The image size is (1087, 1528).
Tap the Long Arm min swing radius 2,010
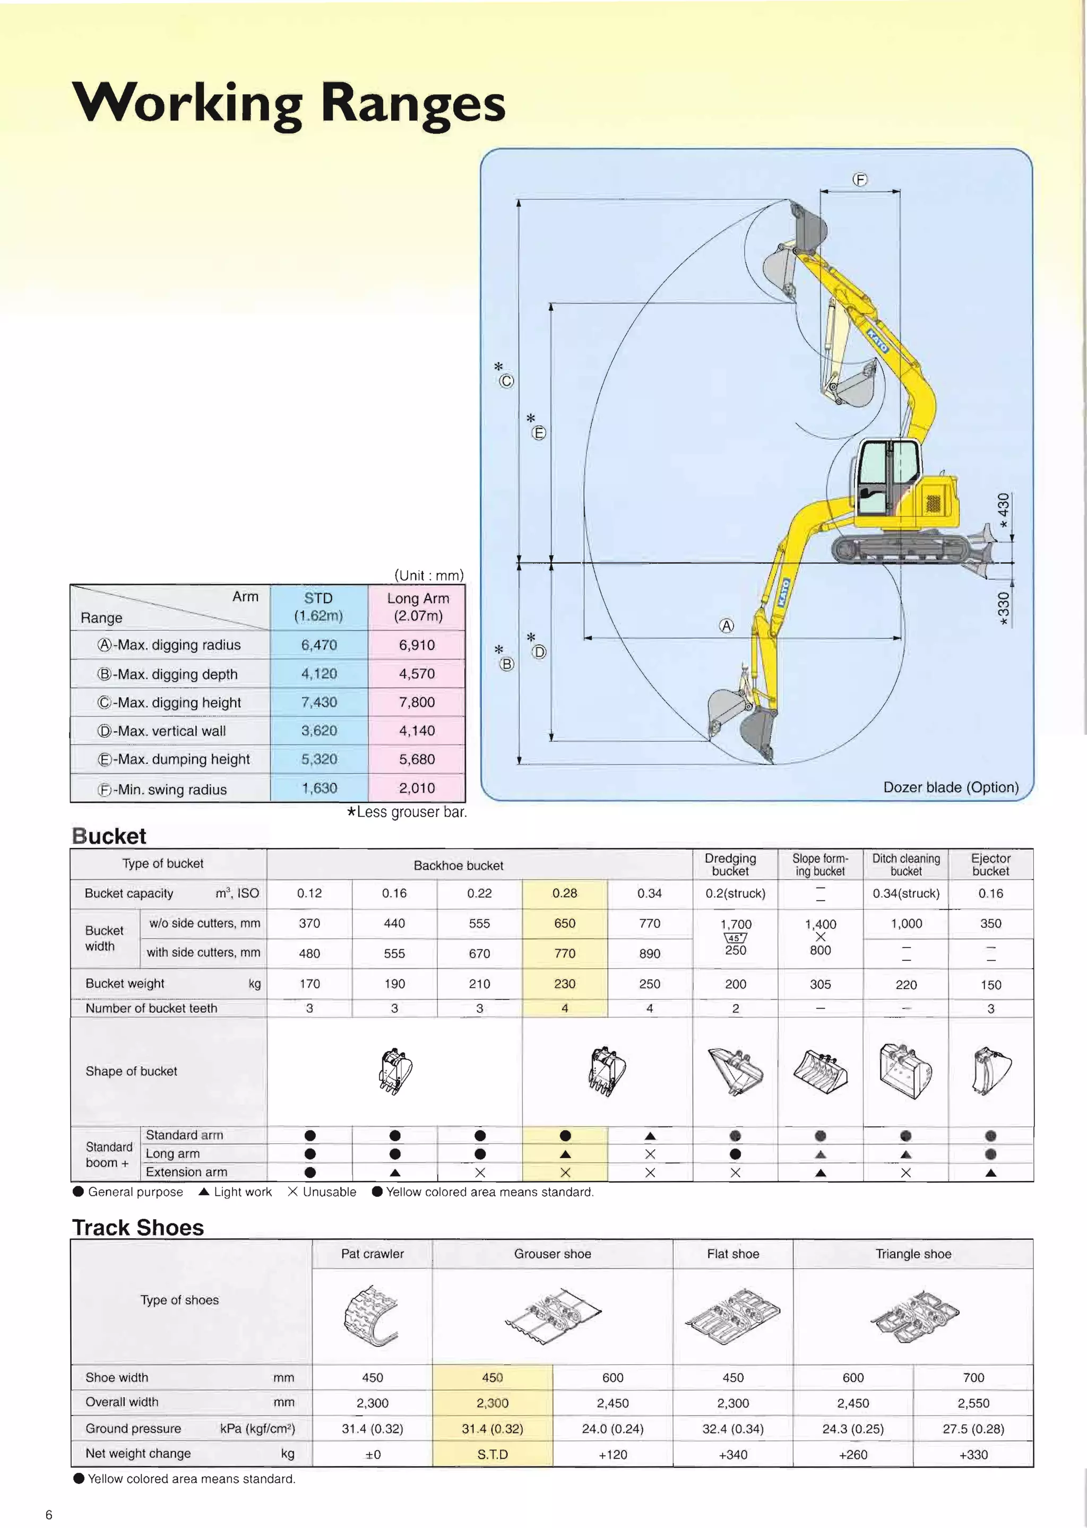(x=417, y=788)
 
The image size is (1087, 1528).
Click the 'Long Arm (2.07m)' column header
(x=418, y=607)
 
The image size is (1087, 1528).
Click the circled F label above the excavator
(x=860, y=179)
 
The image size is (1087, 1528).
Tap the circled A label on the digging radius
(x=726, y=626)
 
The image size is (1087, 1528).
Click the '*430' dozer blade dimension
(x=1003, y=510)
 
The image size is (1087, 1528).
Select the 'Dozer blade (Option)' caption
(x=951, y=787)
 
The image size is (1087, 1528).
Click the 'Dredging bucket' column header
(x=730, y=864)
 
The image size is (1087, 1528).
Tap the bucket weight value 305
(x=820, y=984)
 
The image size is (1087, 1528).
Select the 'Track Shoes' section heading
(x=138, y=1228)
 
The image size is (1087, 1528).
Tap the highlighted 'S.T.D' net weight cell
(x=492, y=1454)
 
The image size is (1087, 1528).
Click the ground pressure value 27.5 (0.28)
(x=973, y=1429)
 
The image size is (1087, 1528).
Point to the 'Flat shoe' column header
(x=733, y=1254)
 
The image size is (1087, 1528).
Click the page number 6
(x=49, y=1515)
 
